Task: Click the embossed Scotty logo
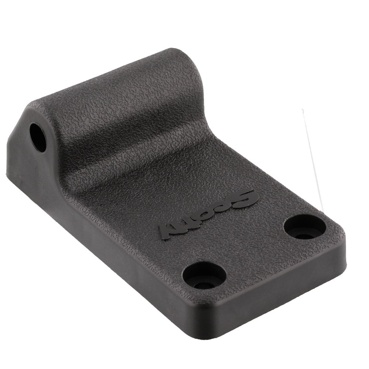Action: (x=207, y=214)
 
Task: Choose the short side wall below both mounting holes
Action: (x=280, y=288)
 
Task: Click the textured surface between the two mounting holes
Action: (x=255, y=251)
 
